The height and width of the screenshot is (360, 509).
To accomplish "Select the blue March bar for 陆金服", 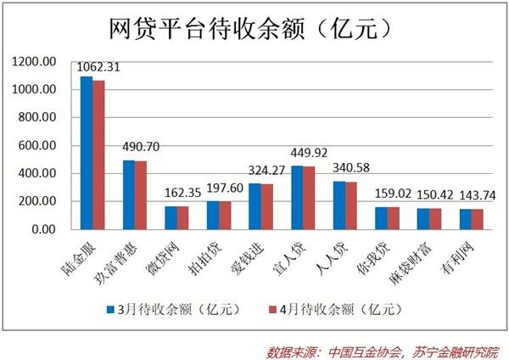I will tap(87, 153).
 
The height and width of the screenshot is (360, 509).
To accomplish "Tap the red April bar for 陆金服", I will tap(98, 155).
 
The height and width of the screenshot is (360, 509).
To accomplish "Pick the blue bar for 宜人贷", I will tap(296, 198).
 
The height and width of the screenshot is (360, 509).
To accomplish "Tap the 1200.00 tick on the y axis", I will tap(39, 62).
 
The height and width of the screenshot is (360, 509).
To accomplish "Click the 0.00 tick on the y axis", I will tap(44, 229).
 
